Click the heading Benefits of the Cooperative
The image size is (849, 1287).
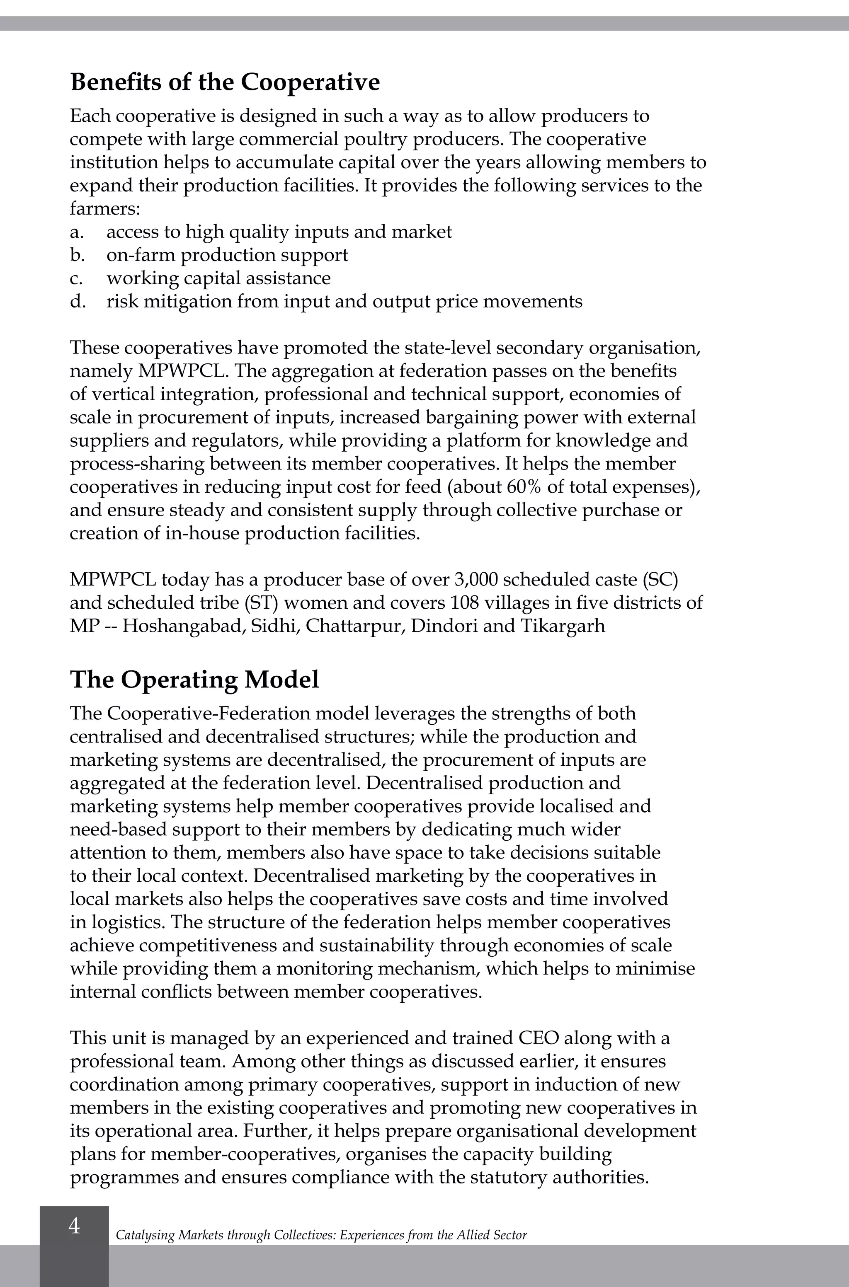click(225, 82)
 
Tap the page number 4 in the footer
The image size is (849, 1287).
click(74, 1226)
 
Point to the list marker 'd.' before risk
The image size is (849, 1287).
click(78, 302)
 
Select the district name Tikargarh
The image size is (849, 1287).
click(563, 626)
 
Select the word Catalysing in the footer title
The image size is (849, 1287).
click(145, 1235)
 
